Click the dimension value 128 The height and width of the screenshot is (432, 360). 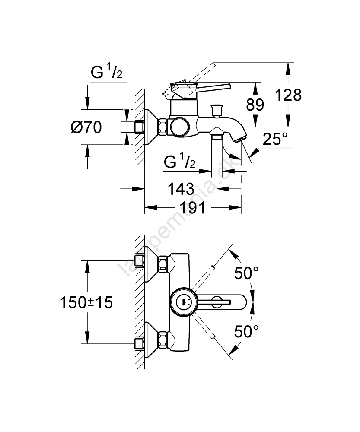tap(289, 95)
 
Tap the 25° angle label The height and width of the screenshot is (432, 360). tap(275, 139)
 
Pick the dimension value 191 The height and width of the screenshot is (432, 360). tap(193, 208)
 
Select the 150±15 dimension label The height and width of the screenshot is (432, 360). tap(86, 302)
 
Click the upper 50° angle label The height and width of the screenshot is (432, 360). tap(246, 273)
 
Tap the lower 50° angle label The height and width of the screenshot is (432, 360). tap(246, 331)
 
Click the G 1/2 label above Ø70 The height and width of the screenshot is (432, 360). tap(106, 73)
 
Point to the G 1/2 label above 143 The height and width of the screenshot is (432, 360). tap(180, 162)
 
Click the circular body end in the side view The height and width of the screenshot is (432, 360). tap(179, 127)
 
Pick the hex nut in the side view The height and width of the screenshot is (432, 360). tap(163, 127)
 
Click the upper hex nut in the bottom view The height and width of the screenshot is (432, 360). tap(163, 264)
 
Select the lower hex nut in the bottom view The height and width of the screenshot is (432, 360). tap(163, 340)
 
